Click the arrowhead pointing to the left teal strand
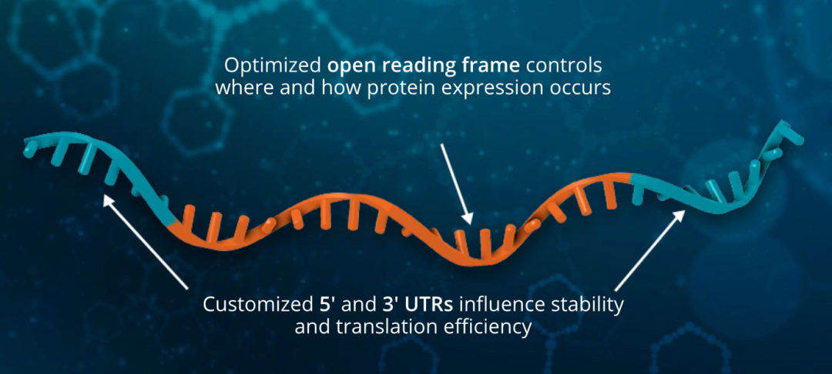[109, 201]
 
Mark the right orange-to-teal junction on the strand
[632, 179]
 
